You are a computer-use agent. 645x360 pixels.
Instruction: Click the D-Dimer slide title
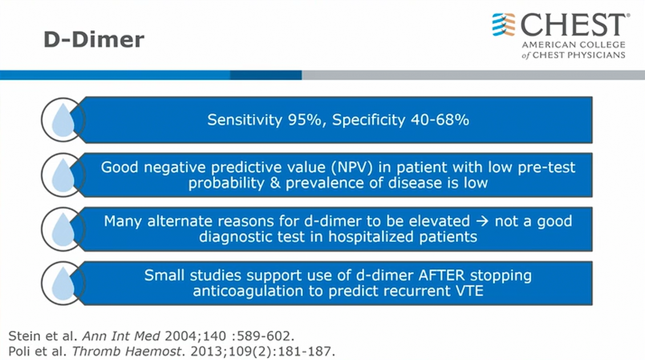coord(94,40)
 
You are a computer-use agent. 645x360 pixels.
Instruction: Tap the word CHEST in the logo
coord(574,25)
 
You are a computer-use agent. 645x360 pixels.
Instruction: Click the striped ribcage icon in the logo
coord(504,25)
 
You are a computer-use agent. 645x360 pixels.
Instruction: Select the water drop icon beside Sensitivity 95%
coord(63,120)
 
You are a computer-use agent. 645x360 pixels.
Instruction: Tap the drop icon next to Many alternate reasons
coord(63,229)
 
